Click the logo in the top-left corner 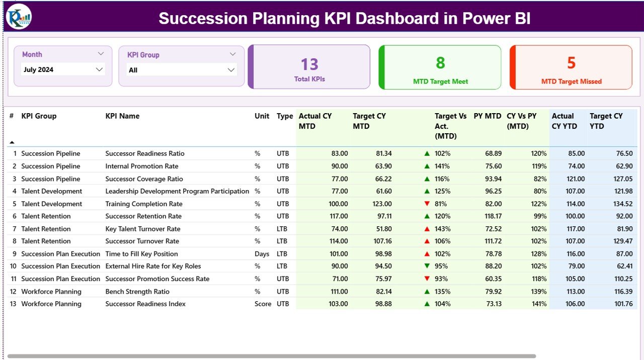[x=19, y=17]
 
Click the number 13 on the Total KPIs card [x=309, y=64]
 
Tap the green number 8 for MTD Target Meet [x=440, y=63]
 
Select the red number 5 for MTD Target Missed [x=571, y=63]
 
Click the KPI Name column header [x=122, y=116]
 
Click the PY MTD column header [x=487, y=116]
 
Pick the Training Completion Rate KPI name [x=144, y=204]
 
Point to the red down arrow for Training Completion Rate [x=427, y=204]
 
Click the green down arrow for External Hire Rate [x=427, y=266]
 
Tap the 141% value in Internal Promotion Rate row [x=443, y=166]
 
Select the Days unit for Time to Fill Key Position [x=262, y=254]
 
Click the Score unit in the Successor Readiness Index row [x=263, y=304]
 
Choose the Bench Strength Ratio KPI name [x=137, y=292]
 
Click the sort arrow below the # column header [x=12, y=143]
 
